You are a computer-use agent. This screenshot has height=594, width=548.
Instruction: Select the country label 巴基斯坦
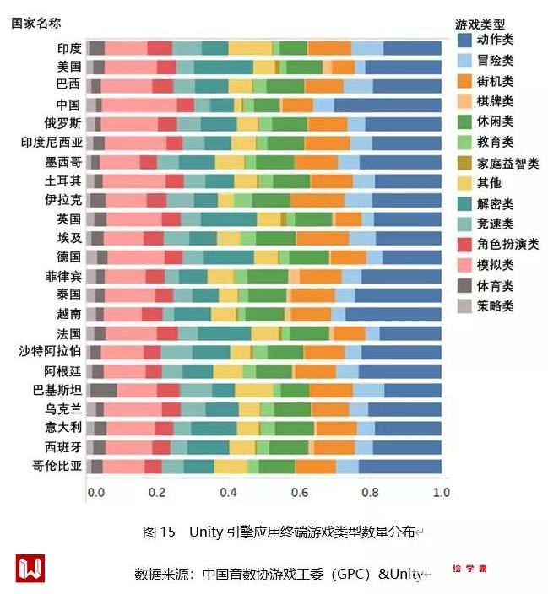point(57,390)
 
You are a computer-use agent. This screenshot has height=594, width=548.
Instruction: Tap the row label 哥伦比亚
point(57,466)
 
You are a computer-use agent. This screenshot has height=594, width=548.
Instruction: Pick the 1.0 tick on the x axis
point(441,492)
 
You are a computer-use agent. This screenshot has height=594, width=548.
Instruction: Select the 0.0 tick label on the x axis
point(96,492)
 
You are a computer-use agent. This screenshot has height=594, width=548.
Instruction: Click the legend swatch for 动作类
point(464,40)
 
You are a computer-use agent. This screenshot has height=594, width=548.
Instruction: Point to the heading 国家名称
point(35,23)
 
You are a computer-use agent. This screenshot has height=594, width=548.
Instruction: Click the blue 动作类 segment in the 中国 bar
point(388,105)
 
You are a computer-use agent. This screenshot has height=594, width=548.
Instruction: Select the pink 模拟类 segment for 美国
point(131,67)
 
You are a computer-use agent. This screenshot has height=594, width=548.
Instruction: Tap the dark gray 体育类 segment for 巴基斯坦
point(103,390)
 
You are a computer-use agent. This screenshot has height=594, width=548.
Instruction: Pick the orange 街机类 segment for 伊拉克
point(317,200)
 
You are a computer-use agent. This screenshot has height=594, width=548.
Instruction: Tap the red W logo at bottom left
point(30,568)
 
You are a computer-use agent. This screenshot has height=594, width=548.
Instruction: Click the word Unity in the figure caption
point(205,532)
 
